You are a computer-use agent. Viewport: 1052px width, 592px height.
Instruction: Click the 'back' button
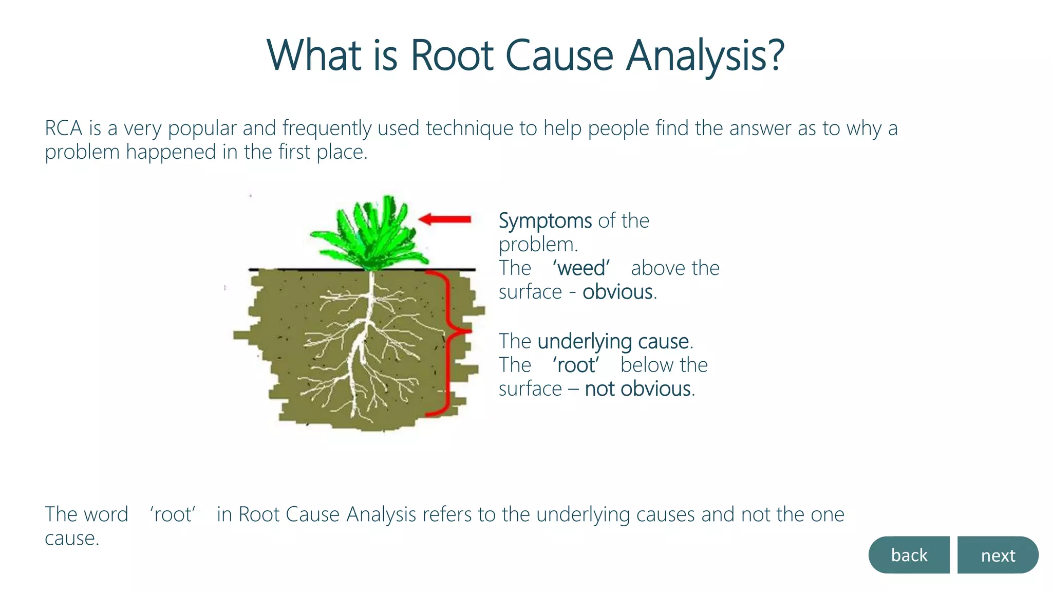909,555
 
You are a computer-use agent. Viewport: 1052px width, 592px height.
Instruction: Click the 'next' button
998,555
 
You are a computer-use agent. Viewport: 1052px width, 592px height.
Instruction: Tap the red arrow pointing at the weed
445,219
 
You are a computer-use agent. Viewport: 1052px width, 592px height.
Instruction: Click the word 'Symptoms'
544,221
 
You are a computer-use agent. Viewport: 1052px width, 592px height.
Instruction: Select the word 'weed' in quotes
581,268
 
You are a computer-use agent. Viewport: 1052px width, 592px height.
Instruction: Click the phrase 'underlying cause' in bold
613,341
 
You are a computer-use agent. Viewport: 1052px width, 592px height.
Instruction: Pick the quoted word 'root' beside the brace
576,365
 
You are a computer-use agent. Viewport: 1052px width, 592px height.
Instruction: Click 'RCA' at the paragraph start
63,128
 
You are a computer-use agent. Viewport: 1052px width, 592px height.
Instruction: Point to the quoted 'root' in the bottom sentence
173,514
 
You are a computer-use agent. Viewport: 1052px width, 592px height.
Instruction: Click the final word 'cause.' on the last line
71,539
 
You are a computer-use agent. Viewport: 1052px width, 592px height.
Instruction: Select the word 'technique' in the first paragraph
469,128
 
